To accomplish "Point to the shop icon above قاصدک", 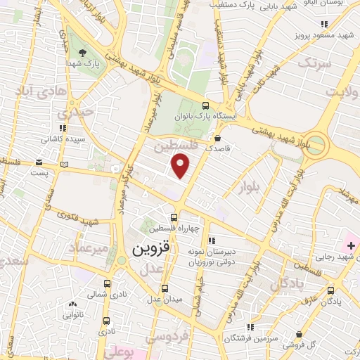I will click(219, 138).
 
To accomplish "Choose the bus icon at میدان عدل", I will click(165, 288).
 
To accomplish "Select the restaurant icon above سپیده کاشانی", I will click(63, 127).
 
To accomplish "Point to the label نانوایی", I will click(73, 315).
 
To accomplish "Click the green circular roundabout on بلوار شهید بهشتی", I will click(316, 144).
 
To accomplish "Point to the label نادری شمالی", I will click(98, 293).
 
